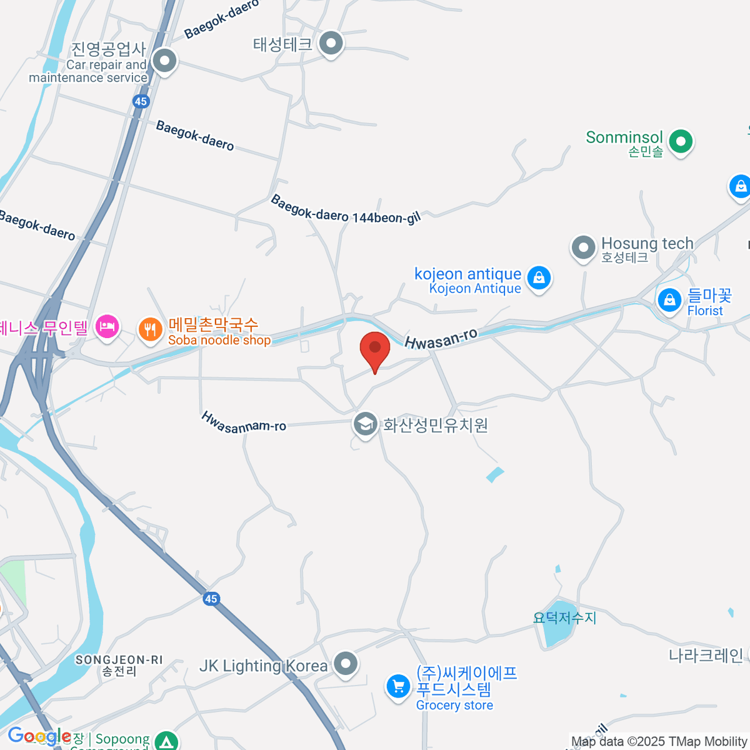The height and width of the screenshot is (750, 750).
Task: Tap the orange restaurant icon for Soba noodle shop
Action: click(150, 329)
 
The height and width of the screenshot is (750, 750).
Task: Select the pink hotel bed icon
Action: click(107, 326)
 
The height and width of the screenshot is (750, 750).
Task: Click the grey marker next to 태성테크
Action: click(331, 44)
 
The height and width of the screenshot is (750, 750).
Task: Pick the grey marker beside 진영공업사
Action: click(165, 61)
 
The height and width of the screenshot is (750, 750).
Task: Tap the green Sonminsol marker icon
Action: click(681, 141)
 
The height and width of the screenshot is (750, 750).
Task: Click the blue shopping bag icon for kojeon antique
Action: click(539, 277)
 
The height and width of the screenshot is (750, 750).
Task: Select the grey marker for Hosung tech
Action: click(583, 247)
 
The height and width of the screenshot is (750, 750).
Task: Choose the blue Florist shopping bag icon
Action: click(669, 301)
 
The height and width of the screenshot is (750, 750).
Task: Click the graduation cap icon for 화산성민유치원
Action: click(365, 425)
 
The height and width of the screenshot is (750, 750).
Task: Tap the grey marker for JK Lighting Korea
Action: click(345, 664)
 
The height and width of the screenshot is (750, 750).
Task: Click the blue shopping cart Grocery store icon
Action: click(398, 686)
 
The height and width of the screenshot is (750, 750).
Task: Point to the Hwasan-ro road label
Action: click(441, 338)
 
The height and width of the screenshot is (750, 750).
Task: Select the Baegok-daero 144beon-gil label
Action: click(345, 210)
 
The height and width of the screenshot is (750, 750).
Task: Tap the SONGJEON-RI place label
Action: click(119, 660)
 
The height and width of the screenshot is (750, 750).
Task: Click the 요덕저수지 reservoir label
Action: click(564, 617)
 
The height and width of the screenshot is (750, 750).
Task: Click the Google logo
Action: click(39, 736)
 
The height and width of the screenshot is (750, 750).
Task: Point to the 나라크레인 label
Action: click(706, 656)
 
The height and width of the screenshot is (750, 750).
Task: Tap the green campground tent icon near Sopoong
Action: click(166, 741)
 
